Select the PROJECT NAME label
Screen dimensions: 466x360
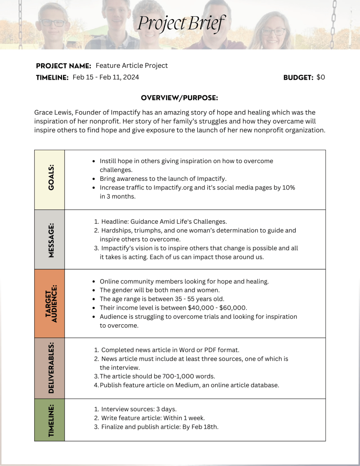click(x=63, y=66)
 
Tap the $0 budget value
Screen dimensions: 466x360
click(x=321, y=77)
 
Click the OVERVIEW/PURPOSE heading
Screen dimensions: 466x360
click(x=180, y=98)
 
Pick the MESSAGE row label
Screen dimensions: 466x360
click(x=50, y=239)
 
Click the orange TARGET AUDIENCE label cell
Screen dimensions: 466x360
click(x=50, y=303)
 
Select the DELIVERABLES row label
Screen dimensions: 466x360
click(x=50, y=368)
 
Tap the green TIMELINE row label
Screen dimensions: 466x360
click(x=50, y=420)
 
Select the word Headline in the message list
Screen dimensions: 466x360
click(x=114, y=221)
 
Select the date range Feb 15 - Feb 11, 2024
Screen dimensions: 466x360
click(x=106, y=77)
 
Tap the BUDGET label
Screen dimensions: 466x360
click(x=298, y=77)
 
